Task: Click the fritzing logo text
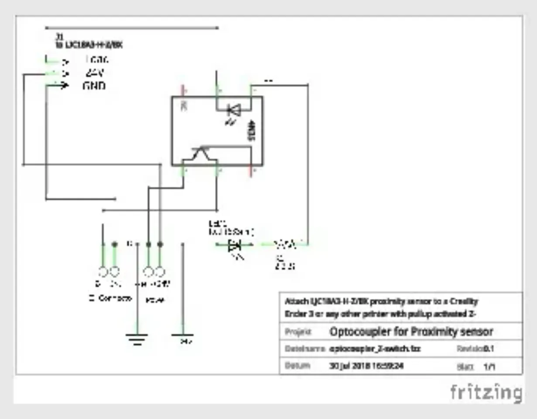click(486, 392)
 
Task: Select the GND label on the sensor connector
click(94, 86)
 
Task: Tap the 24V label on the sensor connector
click(95, 73)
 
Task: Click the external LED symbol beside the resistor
click(235, 245)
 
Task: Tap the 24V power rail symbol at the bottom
click(183, 337)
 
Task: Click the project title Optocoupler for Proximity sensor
click(411, 332)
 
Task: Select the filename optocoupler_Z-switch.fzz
click(375, 349)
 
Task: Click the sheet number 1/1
click(489, 367)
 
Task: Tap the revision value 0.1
click(488, 349)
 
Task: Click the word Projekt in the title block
click(298, 332)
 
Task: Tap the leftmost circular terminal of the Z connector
click(103, 272)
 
